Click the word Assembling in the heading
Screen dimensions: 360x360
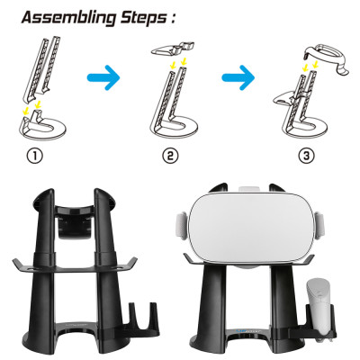pos(68,18)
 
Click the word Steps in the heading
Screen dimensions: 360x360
pos(143,18)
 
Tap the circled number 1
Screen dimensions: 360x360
pos(35,156)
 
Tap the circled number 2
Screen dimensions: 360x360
pos(170,156)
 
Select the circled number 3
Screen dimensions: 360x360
pos(306,156)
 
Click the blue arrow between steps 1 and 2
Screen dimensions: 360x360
pos(103,77)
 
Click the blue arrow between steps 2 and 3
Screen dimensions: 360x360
pos(238,77)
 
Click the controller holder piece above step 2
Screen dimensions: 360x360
pos(173,49)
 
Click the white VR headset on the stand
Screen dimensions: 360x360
pos(250,227)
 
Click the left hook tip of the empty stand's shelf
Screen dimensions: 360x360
pos(15,262)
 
